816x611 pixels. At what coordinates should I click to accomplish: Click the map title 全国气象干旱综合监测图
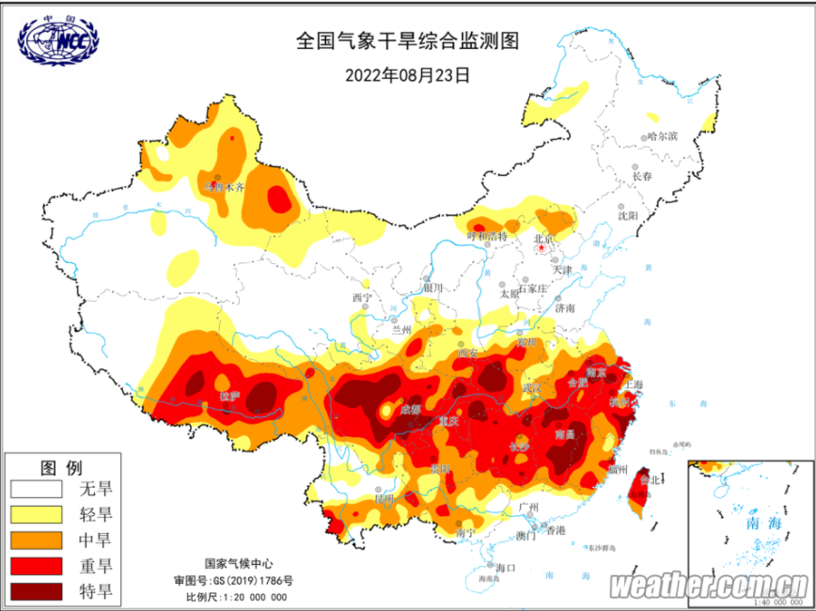click(x=407, y=41)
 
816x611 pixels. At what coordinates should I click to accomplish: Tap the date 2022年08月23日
click(x=407, y=74)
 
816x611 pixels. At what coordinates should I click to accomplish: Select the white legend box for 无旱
click(x=36, y=489)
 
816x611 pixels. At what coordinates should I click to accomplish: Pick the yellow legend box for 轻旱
click(x=36, y=514)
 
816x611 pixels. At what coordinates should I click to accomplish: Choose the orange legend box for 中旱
click(x=36, y=540)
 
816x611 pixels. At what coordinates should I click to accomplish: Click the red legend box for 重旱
click(x=36, y=566)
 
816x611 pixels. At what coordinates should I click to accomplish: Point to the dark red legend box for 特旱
click(x=36, y=591)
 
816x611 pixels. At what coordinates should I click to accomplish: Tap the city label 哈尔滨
click(x=661, y=136)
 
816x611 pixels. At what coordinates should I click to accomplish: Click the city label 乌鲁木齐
click(x=224, y=187)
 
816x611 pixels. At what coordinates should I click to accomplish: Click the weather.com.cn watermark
click(x=710, y=586)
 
